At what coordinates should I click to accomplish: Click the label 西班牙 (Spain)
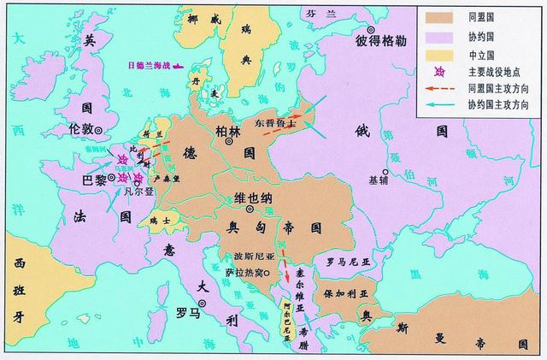[x=17, y=294]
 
